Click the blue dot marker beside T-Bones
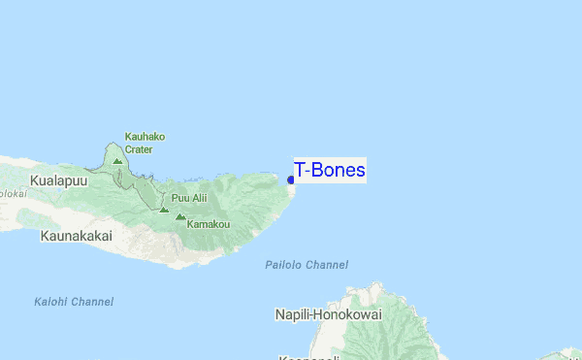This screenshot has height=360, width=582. [x=291, y=180]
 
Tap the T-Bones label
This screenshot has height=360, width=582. [x=330, y=171]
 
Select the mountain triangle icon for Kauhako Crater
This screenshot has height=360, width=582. [x=117, y=161]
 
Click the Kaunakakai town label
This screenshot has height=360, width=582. [x=76, y=236]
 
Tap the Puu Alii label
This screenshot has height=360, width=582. [x=189, y=198]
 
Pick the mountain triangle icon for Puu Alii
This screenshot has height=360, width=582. [x=164, y=208]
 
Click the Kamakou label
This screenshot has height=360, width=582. [x=209, y=224]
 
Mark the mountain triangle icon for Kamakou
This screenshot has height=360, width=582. [x=179, y=217]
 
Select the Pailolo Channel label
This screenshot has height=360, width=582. [x=307, y=265]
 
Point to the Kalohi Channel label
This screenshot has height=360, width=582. [x=73, y=302]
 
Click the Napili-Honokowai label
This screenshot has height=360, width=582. [x=328, y=315]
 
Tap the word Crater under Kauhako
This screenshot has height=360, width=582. [x=139, y=149]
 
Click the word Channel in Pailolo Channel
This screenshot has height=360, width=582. [x=327, y=265]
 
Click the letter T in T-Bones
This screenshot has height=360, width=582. [x=300, y=171]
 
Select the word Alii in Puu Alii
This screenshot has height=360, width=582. [x=198, y=198]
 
